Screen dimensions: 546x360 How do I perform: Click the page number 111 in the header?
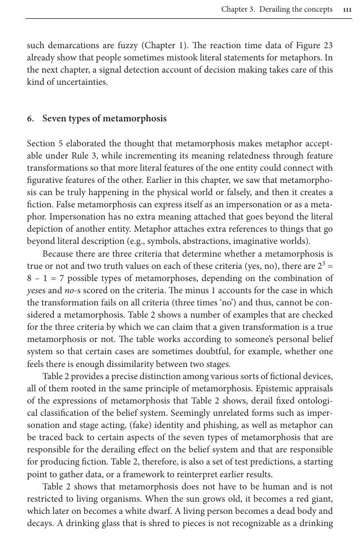(347, 9)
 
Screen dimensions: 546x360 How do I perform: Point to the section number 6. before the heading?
(30, 119)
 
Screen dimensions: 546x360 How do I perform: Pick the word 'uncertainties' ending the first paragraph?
(84, 82)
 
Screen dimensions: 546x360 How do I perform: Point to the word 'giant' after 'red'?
(320, 498)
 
